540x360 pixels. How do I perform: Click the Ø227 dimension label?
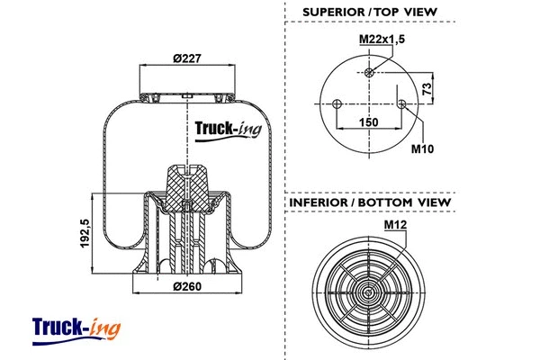tap(187, 59)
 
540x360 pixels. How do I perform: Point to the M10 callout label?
tap(422, 148)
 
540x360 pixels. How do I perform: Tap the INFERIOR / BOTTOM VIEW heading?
tap(369, 202)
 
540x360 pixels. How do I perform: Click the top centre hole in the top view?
tap(370, 73)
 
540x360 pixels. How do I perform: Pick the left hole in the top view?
tap(337, 104)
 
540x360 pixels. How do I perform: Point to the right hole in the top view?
tap(402, 104)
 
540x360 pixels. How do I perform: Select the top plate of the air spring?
tap(187, 94)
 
